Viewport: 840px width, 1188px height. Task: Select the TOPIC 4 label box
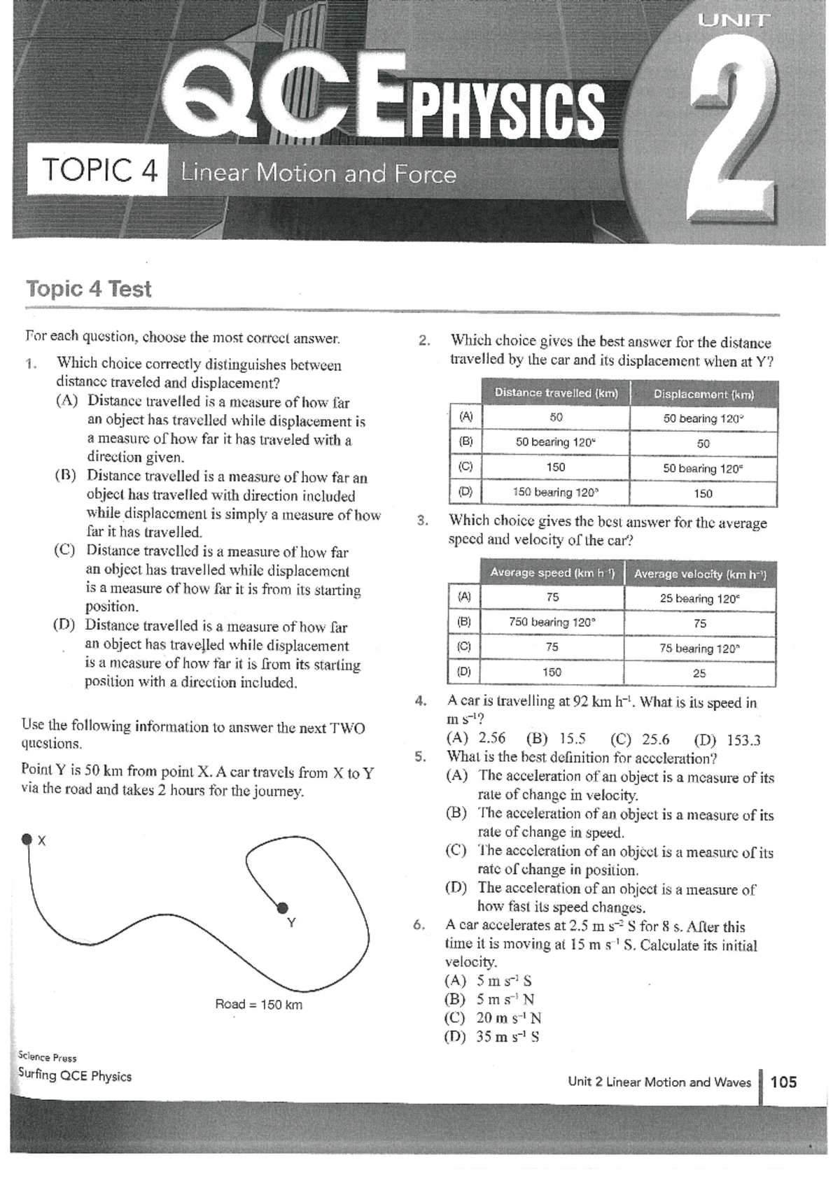pyautogui.click(x=97, y=170)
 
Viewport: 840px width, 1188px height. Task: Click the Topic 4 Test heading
pyautogui.click(x=89, y=289)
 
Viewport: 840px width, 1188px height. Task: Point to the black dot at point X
pyautogui.click(x=27, y=839)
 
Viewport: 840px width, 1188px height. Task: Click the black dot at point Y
pyautogui.click(x=282, y=908)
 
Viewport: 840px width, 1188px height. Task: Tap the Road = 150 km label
pyautogui.click(x=258, y=1005)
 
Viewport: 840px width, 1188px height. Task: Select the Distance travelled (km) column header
pyautogui.click(x=556, y=393)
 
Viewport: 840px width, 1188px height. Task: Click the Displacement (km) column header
pyautogui.click(x=703, y=395)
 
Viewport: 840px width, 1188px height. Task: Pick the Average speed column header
pyautogui.click(x=552, y=573)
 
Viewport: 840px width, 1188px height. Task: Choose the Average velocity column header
pyautogui.click(x=700, y=574)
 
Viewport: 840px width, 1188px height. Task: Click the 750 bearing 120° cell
pyautogui.click(x=552, y=622)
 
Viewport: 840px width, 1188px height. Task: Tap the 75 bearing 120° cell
pyautogui.click(x=699, y=649)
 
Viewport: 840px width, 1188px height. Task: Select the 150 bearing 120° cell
pyautogui.click(x=556, y=493)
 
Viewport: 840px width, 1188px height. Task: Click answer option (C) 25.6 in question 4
pyautogui.click(x=640, y=740)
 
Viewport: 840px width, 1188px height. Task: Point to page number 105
pyautogui.click(x=783, y=1082)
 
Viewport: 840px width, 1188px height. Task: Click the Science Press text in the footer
pyautogui.click(x=47, y=1058)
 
